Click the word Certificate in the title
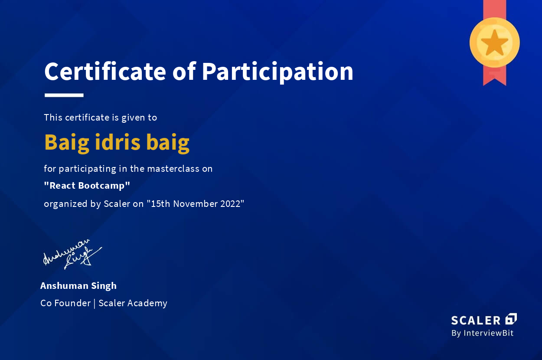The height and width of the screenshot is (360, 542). (105, 71)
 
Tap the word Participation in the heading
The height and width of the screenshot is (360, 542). (278, 72)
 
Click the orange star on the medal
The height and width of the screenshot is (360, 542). (494, 43)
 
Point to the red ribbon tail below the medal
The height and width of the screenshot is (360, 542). (494, 76)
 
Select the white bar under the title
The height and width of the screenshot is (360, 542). (64, 95)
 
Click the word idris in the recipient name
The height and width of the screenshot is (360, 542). (118, 142)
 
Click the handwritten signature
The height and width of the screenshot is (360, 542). (72, 254)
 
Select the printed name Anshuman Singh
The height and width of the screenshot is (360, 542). (78, 286)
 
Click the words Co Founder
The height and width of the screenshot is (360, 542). (65, 303)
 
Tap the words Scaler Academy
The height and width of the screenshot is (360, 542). (133, 303)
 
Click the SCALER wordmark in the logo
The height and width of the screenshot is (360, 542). (476, 320)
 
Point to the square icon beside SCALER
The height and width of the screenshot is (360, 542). (511, 319)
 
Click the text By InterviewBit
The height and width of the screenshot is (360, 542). (483, 333)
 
